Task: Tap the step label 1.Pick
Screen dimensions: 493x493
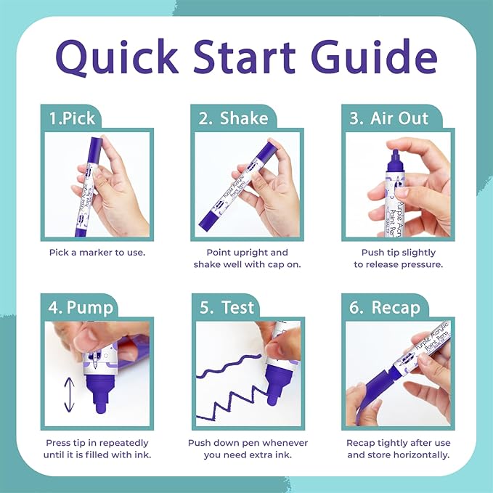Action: pyautogui.click(x=70, y=118)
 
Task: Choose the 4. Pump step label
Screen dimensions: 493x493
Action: pyautogui.click(x=81, y=306)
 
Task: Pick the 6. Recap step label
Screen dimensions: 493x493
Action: pyautogui.click(x=384, y=306)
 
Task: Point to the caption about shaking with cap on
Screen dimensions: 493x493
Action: pyautogui.click(x=247, y=258)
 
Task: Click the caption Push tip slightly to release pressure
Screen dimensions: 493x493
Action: pyautogui.click(x=398, y=258)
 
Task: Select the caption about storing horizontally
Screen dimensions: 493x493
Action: pyautogui.click(x=398, y=449)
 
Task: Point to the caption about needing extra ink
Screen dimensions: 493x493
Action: pyautogui.click(x=247, y=449)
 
